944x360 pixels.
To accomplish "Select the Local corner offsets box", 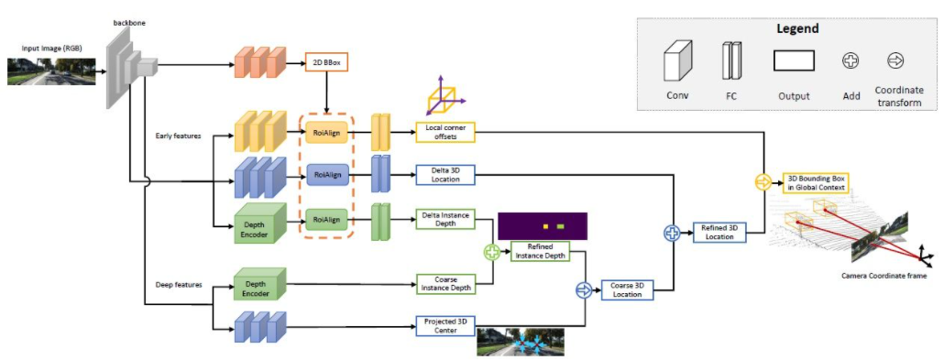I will [445, 132].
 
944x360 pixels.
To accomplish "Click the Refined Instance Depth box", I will [540, 251].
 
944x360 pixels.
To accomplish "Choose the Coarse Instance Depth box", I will [445, 284].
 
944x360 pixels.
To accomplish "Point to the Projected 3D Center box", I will [445, 324].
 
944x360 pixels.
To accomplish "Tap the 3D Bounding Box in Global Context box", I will [814, 182].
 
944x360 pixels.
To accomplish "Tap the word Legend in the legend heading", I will [796, 28].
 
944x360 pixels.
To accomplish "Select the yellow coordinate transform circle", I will [763, 182].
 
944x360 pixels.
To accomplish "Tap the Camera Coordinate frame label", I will [884, 275].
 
